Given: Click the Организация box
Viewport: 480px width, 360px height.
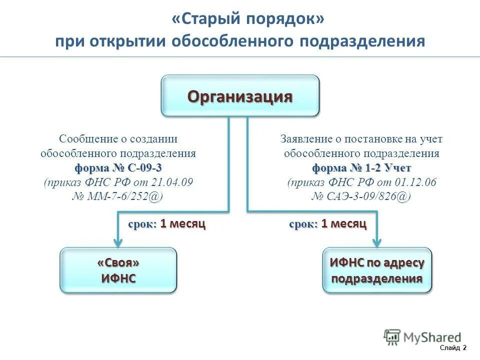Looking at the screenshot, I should [239, 96].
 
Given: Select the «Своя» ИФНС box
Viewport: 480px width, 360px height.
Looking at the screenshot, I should [118, 270].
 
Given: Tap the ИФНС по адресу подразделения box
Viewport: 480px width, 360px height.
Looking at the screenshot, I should [377, 270].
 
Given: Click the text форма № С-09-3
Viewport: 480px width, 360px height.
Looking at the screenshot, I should [118, 167].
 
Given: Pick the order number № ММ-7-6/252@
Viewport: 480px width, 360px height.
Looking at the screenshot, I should [118, 196].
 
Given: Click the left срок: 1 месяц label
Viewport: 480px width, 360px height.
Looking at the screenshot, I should [166, 224].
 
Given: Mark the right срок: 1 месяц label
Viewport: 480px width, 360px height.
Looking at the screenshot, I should [328, 224].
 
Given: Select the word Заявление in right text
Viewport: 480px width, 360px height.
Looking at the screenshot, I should [305, 139].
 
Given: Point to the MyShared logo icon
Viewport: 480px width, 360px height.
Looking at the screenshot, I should [393, 336].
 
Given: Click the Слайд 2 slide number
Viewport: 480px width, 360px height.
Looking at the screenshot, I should [453, 347].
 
